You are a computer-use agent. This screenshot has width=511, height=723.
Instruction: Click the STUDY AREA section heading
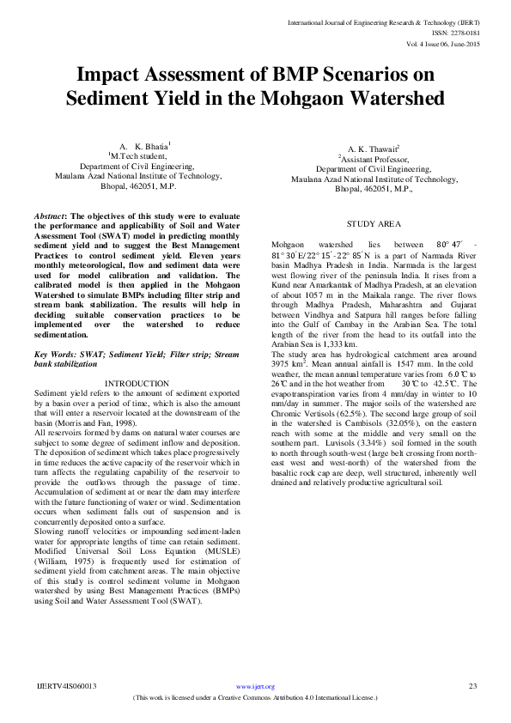pyautogui.click(x=374, y=223)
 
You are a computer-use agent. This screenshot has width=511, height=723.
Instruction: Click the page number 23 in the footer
pyautogui.click(x=471, y=686)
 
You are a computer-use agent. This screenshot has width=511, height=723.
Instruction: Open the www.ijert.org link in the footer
pyautogui.click(x=255, y=687)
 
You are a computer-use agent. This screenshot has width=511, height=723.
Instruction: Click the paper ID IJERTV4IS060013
pyautogui.click(x=67, y=686)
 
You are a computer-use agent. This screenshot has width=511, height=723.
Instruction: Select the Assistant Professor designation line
pyautogui.click(x=373, y=159)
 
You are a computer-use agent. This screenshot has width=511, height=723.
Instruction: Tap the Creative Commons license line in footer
pyautogui.click(x=255, y=698)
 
